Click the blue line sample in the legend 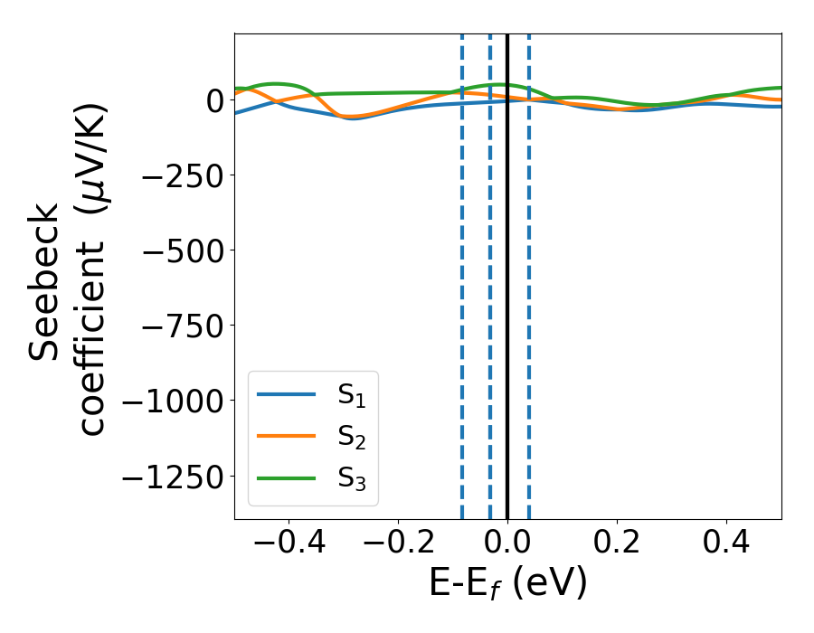pyautogui.click(x=287, y=395)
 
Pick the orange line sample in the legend pyautogui.click(x=287, y=437)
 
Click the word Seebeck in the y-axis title pyautogui.click(x=45, y=281)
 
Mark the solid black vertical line pyautogui.click(x=507, y=271)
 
